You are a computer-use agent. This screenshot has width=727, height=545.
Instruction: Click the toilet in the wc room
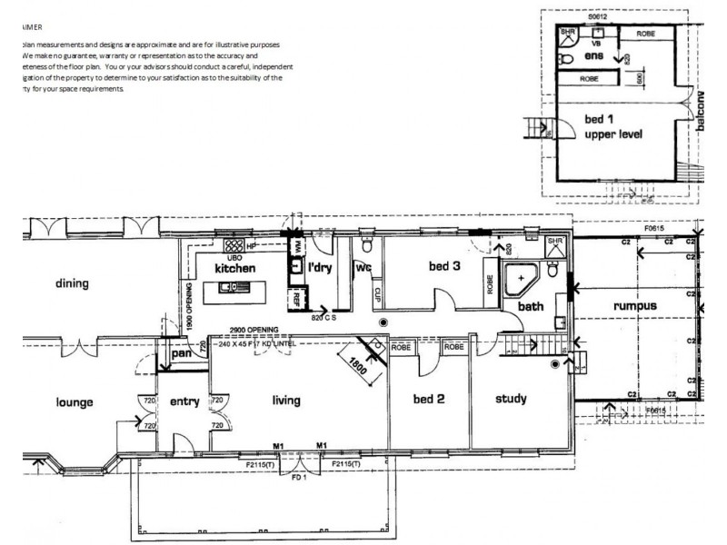pos(365,245)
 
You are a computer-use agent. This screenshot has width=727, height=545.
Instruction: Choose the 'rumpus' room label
pos(633,306)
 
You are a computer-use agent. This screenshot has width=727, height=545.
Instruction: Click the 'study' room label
pos(512,399)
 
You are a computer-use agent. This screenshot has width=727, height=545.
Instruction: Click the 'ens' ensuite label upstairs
pos(593,56)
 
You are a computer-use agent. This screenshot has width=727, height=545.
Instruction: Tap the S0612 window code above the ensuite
pos(597,16)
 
